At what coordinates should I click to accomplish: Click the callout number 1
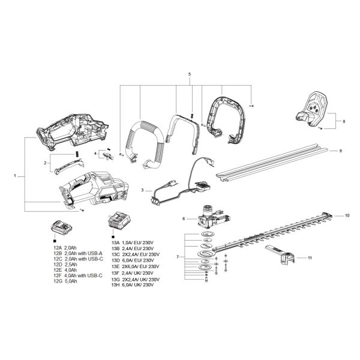15,176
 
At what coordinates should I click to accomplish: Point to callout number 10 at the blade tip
346,215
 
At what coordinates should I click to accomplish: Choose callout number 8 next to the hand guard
344,122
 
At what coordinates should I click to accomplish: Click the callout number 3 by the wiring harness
142,190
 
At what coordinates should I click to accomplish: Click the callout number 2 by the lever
45,163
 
